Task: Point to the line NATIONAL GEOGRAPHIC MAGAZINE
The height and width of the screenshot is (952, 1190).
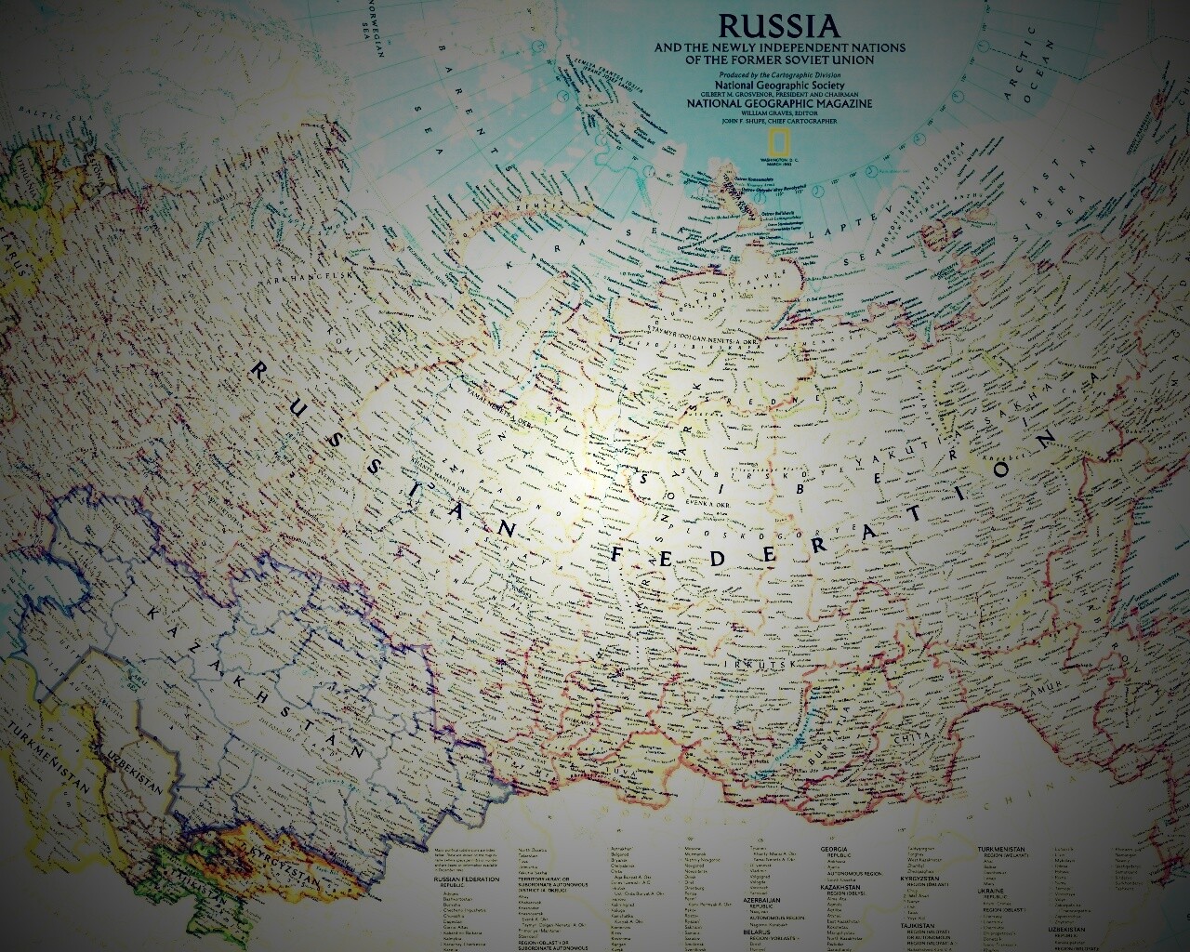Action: point(779,103)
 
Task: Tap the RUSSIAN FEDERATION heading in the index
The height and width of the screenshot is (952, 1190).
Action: point(469,879)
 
